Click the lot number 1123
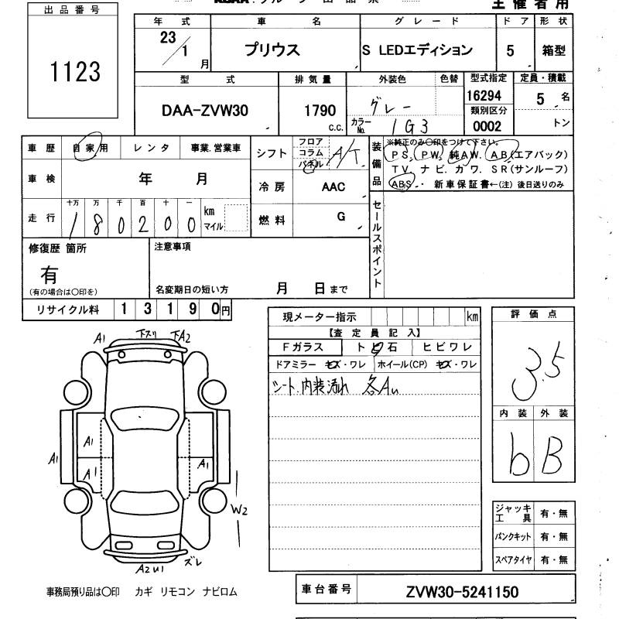point(75,72)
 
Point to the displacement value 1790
point(319,111)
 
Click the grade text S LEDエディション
point(417,50)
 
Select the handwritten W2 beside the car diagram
point(239,509)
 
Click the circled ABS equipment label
point(402,184)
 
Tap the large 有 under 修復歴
point(50,275)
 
